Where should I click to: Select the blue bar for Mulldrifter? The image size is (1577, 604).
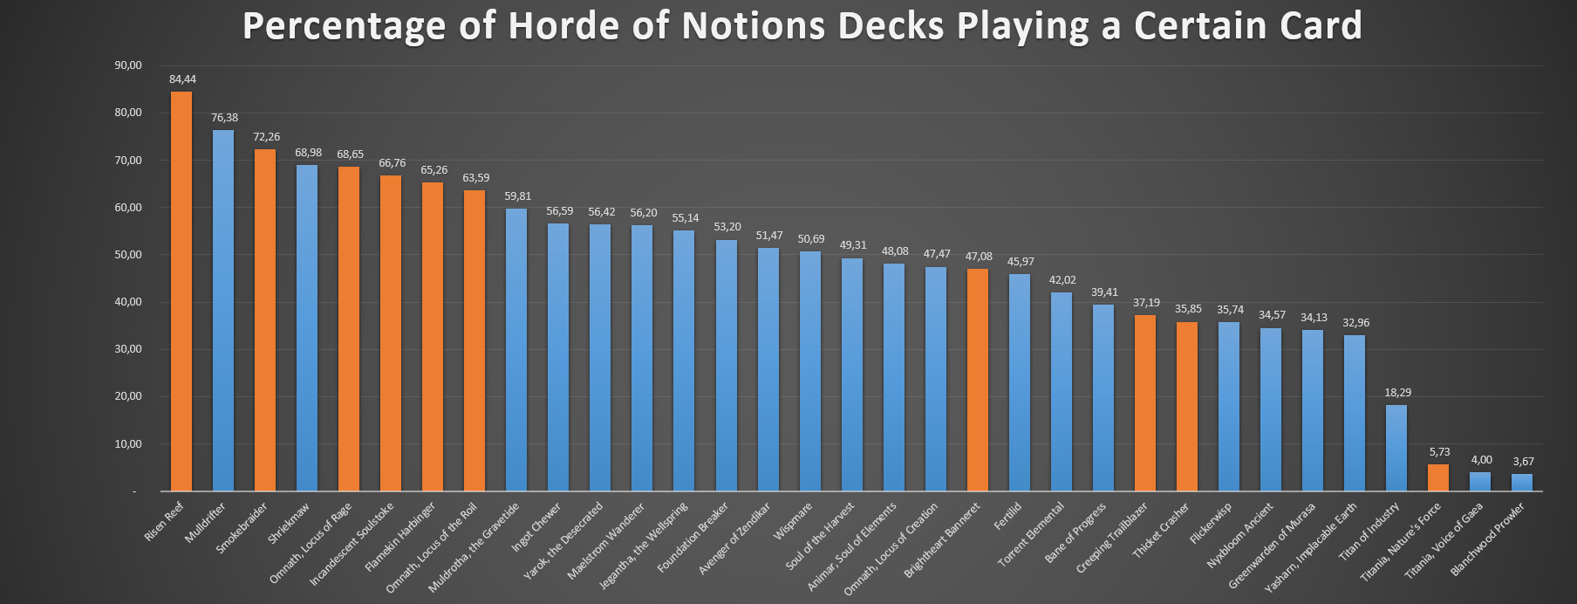click(x=223, y=310)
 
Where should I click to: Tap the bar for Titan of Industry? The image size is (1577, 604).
click(x=1396, y=448)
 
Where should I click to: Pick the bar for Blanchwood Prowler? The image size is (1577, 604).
click(x=1522, y=482)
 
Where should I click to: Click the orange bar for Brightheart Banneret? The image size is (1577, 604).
click(x=978, y=380)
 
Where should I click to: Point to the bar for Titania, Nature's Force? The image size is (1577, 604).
click(x=1438, y=477)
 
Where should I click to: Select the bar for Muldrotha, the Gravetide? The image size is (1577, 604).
click(x=516, y=349)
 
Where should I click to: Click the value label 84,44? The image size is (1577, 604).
click(x=183, y=79)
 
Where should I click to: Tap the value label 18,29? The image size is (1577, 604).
click(x=1397, y=393)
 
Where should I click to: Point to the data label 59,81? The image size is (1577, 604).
click(x=517, y=196)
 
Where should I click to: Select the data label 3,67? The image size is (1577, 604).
click(x=1523, y=462)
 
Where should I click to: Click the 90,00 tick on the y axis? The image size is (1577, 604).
click(x=127, y=65)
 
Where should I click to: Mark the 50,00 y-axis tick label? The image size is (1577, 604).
click(x=127, y=255)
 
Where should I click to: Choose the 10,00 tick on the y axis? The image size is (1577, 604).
click(x=127, y=444)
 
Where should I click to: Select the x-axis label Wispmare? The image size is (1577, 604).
click(x=793, y=521)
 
